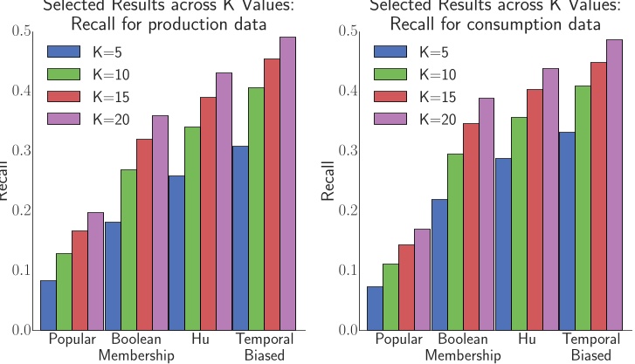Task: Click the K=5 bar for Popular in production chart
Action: click(x=48, y=306)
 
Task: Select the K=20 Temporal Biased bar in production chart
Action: click(x=287, y=183)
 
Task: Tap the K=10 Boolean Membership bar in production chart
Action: click(x=128, y=250)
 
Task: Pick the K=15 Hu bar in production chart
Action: click(x=209, y=214)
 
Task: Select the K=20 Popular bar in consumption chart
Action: click(x=422, y=279)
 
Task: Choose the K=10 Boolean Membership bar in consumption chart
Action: click(x=454, y=242)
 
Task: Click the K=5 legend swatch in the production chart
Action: click(x=65, y=51)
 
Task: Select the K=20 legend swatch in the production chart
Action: click(x=65, y=119)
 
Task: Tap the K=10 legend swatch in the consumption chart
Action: click(x=391, y=73)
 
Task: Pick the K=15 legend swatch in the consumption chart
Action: click(x=391, y=96)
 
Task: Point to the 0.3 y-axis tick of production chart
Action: click(x=21, y=151)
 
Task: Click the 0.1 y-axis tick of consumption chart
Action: click(x=348, y=271)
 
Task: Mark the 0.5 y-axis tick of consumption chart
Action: click(x=348, y=32)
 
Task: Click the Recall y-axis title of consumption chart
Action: click(x=328, y=182)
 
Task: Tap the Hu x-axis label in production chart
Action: click(x=199, y=339)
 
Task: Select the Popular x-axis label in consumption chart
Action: click(x=397, y=339)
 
